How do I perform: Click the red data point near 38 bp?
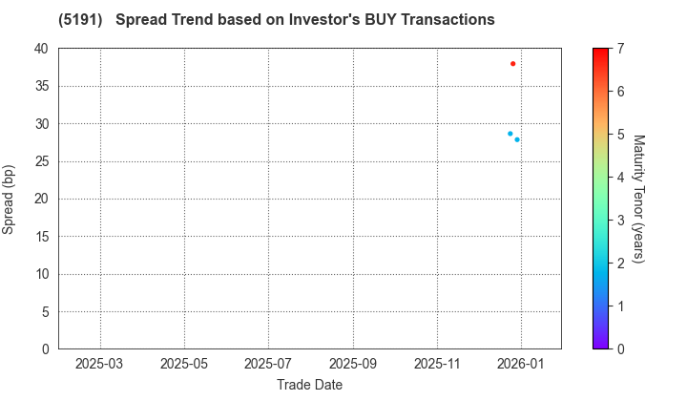click(513, 64)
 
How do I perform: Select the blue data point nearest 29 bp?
click(510, 134)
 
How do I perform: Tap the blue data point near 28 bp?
click(517, 139)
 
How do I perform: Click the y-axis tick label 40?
click(41, 49)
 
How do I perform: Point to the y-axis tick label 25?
click(41, 161)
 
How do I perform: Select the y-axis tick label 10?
click(41, 274)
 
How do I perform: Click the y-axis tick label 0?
click(45, 349)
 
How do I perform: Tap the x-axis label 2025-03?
click(100, 364)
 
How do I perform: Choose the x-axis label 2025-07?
click(268, 364)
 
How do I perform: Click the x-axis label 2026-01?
click(522, 364)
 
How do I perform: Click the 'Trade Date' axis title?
click(309, 384)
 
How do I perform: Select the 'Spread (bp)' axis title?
click(10, 199)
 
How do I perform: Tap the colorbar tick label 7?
click(620, 49)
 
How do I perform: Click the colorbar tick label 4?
click(620, 178)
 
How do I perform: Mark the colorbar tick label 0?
click(620, 349)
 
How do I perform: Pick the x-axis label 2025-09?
click(353, 364)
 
